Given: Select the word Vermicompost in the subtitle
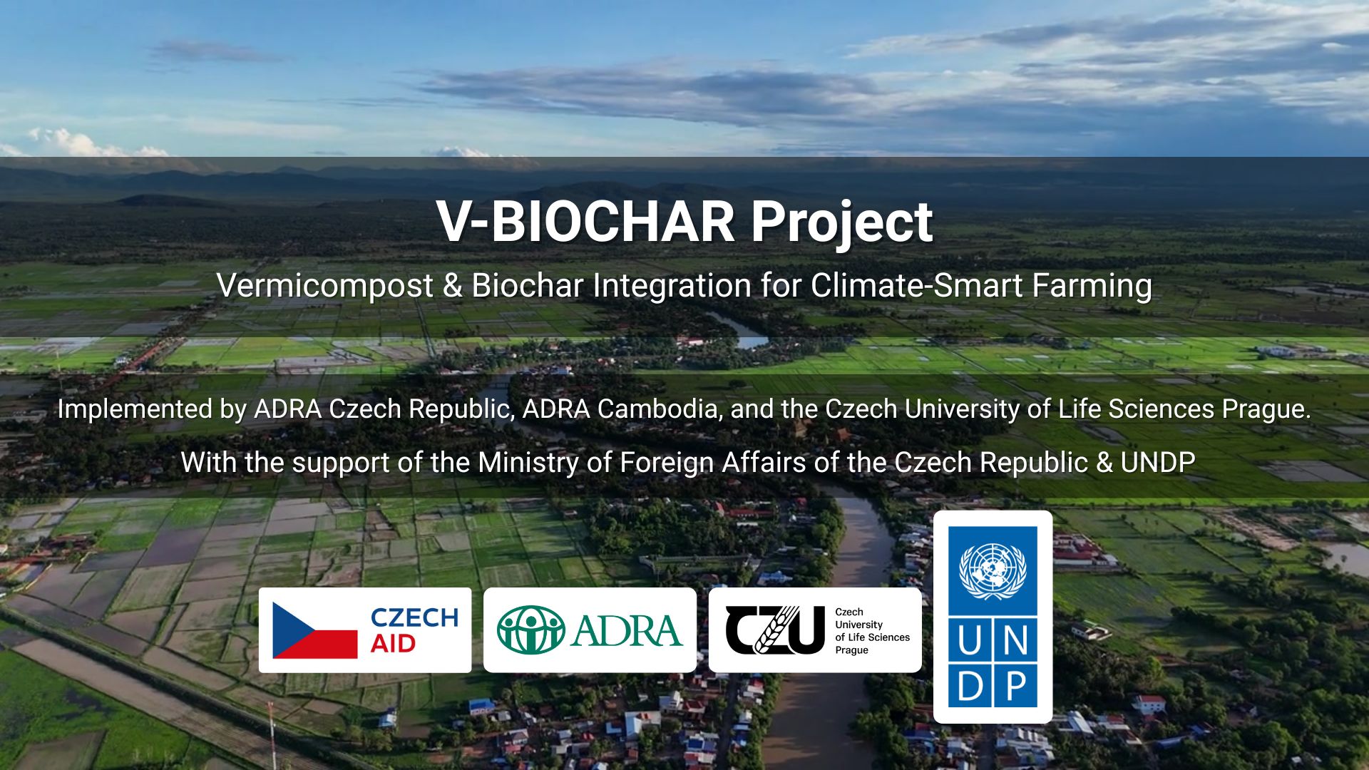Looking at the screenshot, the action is coord(325,287).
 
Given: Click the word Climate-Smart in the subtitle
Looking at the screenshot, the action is coord(917,285).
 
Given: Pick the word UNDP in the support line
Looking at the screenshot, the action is coord(1158,463).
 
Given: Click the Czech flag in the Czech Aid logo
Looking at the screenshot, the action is coord(315,630).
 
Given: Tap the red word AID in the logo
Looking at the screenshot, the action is coord(393,644).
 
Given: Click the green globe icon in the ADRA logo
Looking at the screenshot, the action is coord(531,630).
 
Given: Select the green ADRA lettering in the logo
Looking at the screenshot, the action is coord(627,631).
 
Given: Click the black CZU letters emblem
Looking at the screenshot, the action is coord(775,630).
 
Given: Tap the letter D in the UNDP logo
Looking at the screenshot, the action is coord(970,687).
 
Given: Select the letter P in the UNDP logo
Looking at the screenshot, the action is coord(1015,687).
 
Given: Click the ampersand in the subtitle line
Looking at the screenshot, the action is coord(452,286).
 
